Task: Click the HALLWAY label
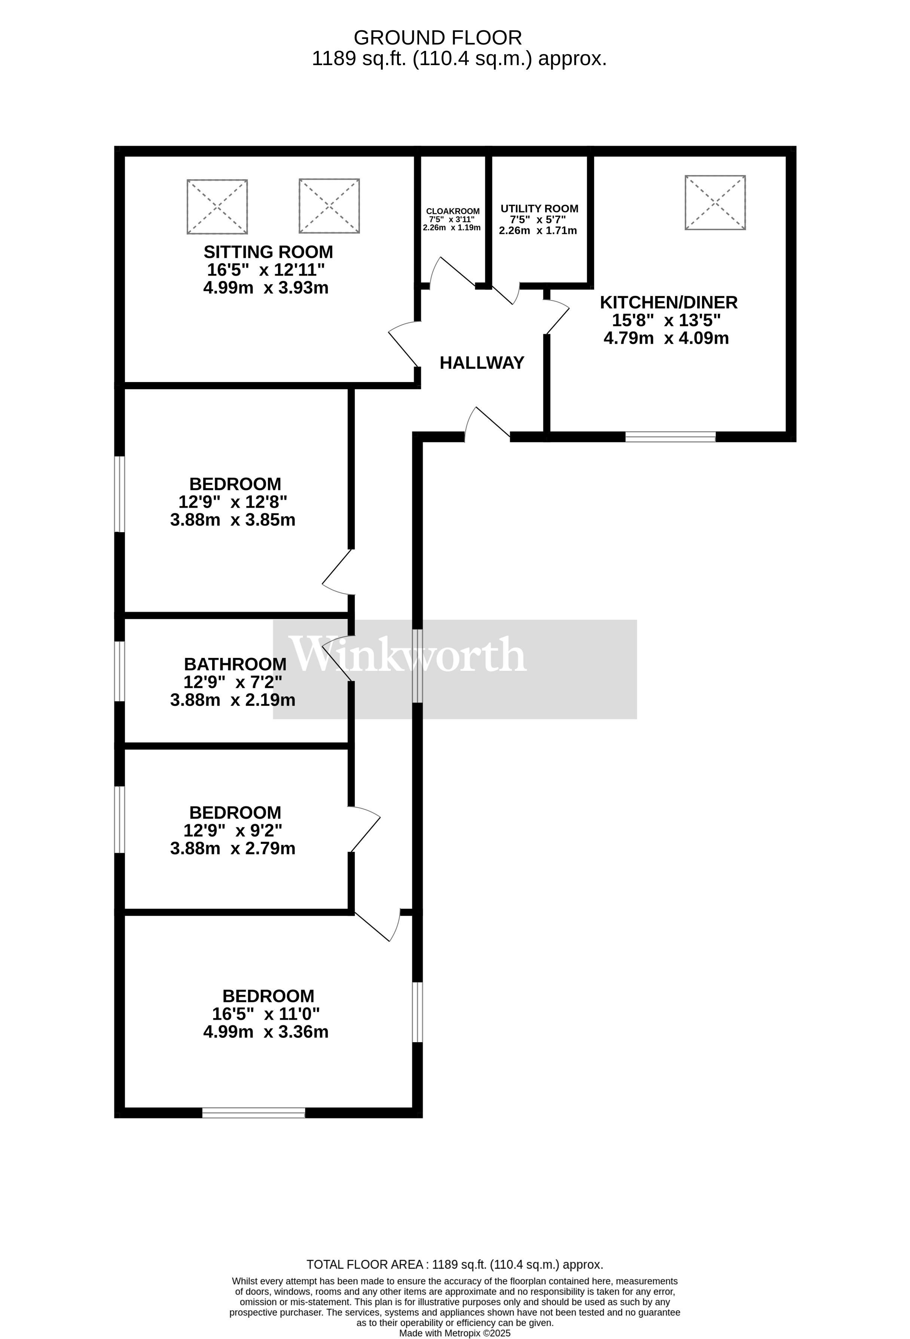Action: pyautogui.click(x=482, y=363)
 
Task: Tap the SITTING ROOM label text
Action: pyautogui.click(x=268, y=252)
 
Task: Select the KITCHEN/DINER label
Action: pyautogui.click(x=668, y=302)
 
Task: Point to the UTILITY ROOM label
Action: pyautogui.click(x=539, y=208)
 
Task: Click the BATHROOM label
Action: pyautogui.click(x=235, y=664)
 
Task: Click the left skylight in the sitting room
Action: pyautogui.click(x=217, y=206)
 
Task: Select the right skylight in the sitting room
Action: pyautogui.click(x=329, y=206)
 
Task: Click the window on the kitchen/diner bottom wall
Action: pyautogui.click(x=671, y=437)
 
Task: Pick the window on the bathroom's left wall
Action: pyautogui.click(x=120, y=671)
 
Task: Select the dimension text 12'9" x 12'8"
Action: pyautogui.click(x=233, y=502)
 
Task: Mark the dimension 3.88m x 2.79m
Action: pyautogui.click(x=233, y=848)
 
